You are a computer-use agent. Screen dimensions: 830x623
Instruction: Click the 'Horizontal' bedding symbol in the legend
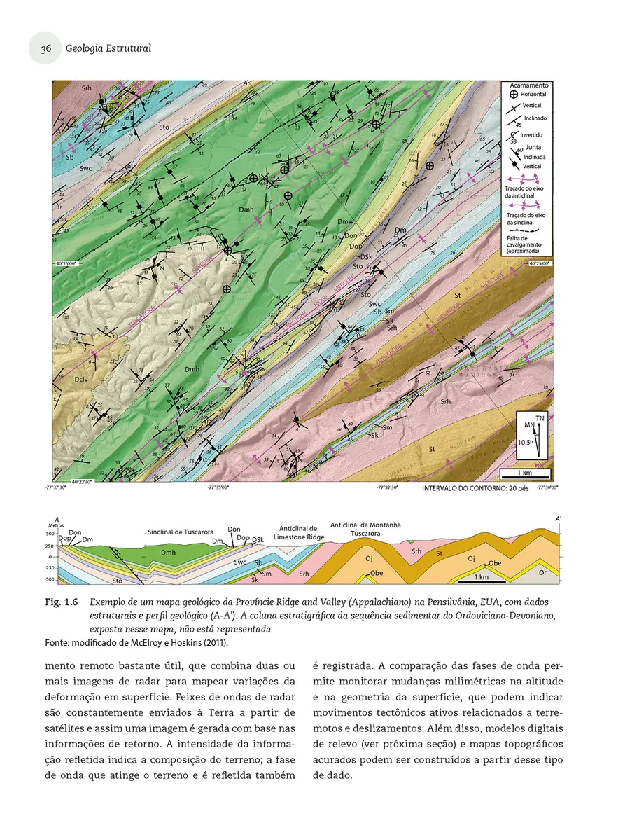pyautogui.click(x=513, y=94)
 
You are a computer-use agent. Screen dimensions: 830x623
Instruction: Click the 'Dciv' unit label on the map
pyautogui.click(x=81, y=379)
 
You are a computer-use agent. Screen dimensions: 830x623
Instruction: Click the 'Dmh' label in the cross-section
pyautogui.click(x=167, y=553)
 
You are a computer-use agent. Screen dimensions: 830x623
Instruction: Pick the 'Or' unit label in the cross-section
pyautogui.click(x=542, y=572)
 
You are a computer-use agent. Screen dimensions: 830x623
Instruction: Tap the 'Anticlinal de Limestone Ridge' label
pyautogui.click(x=298, y=533)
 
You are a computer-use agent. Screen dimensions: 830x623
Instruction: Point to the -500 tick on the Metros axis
pyautogui.click(x=50, y=580)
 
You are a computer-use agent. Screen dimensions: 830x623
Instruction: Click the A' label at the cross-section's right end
pyautogui.click(x=558, y=519)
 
